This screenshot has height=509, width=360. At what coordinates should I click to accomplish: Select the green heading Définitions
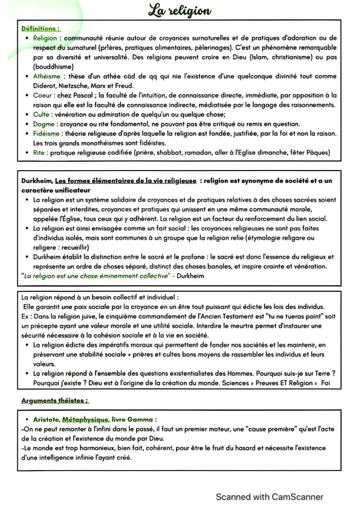[41, 29]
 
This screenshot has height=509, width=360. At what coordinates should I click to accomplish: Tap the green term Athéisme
[47, 76]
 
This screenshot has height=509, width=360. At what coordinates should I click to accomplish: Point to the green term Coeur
[42, 95]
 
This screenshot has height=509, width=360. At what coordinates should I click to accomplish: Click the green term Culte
[41, 114]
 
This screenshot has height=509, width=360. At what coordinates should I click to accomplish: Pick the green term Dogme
[44, 124]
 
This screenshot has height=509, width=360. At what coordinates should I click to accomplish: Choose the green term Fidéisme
[46, 134]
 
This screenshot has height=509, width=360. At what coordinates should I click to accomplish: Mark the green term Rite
[39, 153]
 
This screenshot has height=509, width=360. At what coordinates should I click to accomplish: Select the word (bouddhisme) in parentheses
[53, 67]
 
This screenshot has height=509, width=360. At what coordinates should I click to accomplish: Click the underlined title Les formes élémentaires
[125, 181]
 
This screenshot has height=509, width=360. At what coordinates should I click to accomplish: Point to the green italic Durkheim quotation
[95, 276]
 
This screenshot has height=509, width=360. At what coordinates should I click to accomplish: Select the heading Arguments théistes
[55, 400]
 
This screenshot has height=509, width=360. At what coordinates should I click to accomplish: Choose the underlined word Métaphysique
[86, 419]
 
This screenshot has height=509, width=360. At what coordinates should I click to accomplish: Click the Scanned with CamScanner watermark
[269, 497]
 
